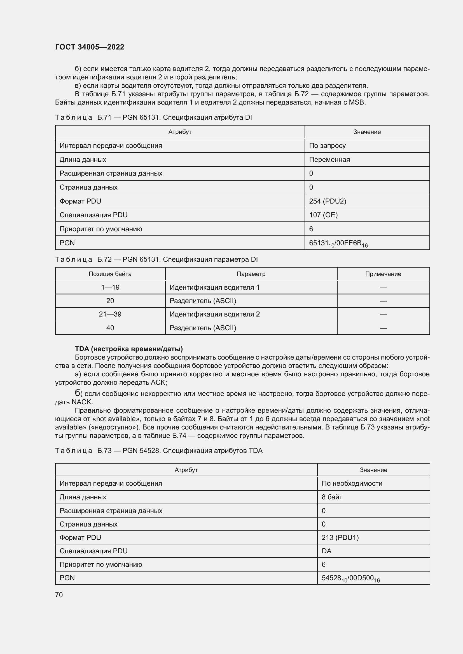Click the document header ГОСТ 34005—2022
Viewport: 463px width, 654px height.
click(x=90, y=47)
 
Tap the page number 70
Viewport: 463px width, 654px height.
click(x=59, y=595)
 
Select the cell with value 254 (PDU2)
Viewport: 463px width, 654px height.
click(x=327, y=201)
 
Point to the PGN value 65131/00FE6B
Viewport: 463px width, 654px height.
click(x=338, y=243)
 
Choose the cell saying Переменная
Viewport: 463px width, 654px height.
click(x=329, y=159)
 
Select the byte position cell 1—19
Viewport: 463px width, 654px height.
click(x=110, y=287)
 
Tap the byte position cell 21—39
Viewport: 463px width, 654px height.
click(x=110, y=314)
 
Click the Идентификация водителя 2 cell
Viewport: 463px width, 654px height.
click(x=214, y=314)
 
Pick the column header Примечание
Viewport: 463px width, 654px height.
click(x=383, y=274)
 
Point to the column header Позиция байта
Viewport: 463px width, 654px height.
click(x=110, y=274)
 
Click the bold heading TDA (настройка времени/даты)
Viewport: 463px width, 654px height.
click(x=128, y=349)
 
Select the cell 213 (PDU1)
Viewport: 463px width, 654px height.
click(x=340, y=537)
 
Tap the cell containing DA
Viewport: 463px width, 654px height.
click(x=326, y=551)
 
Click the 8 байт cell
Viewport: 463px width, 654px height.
click(x=332, y=497)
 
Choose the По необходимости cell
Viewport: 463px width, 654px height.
click(x=352, y=483)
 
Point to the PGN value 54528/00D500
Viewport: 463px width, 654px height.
click(x=350, y=578)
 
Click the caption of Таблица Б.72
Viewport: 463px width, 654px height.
click(x=156, y=259)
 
